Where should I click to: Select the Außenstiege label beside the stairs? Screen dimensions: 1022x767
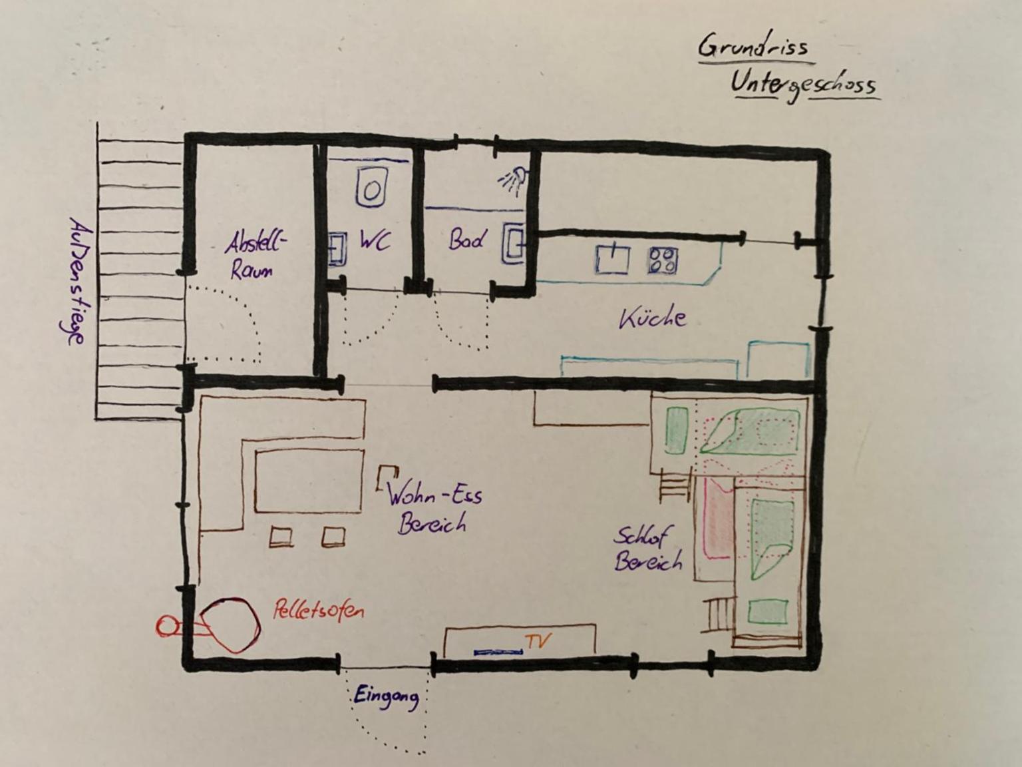[75, 282]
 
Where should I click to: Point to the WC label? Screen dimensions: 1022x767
[375, 241]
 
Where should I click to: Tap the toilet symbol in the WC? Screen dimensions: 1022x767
[372, 187]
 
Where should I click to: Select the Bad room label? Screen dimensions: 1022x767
[466, 240]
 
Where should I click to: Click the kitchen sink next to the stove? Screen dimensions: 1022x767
[613, 259]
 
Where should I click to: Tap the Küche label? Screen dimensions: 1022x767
[653, 319]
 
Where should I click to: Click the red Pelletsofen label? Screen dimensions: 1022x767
[319, 610]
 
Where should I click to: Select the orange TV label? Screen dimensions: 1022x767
[539, 640]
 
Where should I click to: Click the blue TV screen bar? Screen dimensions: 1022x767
[498, 653]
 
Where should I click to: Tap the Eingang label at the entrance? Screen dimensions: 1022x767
[386, 697]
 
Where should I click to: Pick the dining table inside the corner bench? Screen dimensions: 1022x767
[309, 481]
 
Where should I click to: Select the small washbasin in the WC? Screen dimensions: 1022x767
[337, 249]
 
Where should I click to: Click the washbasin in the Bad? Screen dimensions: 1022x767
[514, 243]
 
